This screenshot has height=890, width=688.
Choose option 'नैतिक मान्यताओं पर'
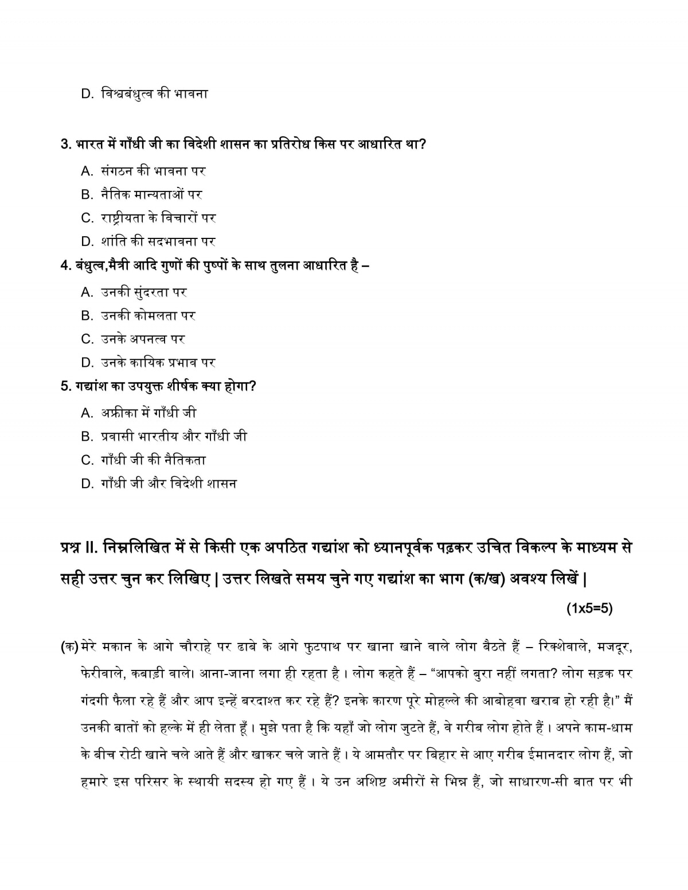[x=151, y=194]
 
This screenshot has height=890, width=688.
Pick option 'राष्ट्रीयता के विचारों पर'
[x=158, y=218]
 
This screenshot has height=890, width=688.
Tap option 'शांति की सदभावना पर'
[x=158, y=241]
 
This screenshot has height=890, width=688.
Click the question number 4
[x=64, y=265]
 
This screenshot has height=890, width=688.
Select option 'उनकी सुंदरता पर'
[x=144, y=292]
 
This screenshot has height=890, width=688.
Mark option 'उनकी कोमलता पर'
[x=148, y=316]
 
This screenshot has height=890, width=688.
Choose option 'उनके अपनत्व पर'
[x=143, y=339]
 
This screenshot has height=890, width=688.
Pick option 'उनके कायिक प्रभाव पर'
[x=158, y=363]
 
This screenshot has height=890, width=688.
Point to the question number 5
[x=64, y=386]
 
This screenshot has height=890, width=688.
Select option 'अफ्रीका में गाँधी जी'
[x=148, y=413]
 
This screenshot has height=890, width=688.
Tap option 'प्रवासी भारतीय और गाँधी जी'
[x=174, y=436]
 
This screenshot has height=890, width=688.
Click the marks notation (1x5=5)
[x=589, y=609]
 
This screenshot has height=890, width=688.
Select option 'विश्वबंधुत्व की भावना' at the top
[x=154, y=93]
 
